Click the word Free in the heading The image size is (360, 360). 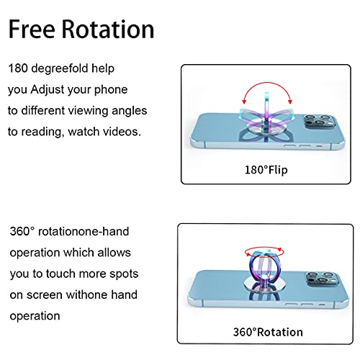[32, 29]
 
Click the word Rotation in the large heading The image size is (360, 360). [108, 29]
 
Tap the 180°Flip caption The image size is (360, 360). [266, 170]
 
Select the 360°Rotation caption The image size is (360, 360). [268, 332]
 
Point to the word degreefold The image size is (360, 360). [60, 68]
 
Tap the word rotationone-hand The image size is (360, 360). [84, 232]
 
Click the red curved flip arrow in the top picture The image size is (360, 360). [267, 83]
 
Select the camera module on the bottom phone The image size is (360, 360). [323, 279]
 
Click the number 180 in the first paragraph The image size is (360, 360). [18, 68]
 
